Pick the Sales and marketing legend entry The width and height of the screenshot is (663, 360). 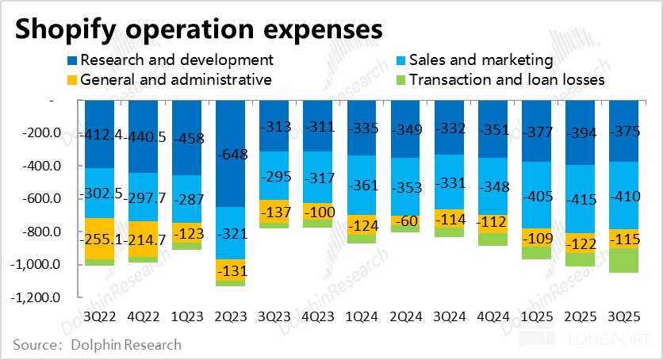(485, 59)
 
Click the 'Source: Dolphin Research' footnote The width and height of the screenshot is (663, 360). (97, 345)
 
